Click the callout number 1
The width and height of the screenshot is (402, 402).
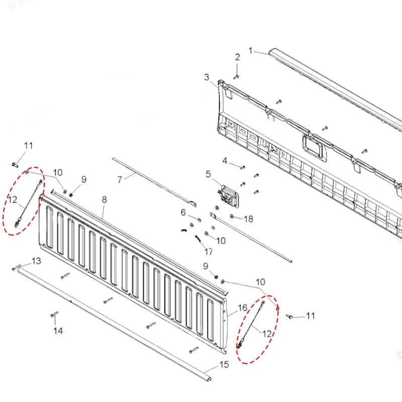click(251, 51)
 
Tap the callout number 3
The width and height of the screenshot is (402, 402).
click(207, 77)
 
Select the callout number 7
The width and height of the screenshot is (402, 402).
click(120, 179)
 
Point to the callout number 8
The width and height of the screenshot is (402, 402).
click(104, 199)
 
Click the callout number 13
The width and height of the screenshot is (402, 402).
click(36, 261)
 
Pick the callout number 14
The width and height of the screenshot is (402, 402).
click(58, 331)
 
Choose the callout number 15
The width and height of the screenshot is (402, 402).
click(224, 365)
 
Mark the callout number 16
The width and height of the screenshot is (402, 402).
click(242, 308)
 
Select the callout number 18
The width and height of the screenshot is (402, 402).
click(249, 219)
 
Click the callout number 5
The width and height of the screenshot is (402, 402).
click(208, 174)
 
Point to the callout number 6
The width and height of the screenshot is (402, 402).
click(183, 213)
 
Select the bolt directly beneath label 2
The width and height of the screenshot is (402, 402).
click(237, 76)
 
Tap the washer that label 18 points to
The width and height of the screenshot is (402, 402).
click(231, 217)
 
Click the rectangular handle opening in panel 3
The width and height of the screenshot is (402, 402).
click(313, 144)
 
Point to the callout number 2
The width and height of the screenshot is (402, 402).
click(237, 57)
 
